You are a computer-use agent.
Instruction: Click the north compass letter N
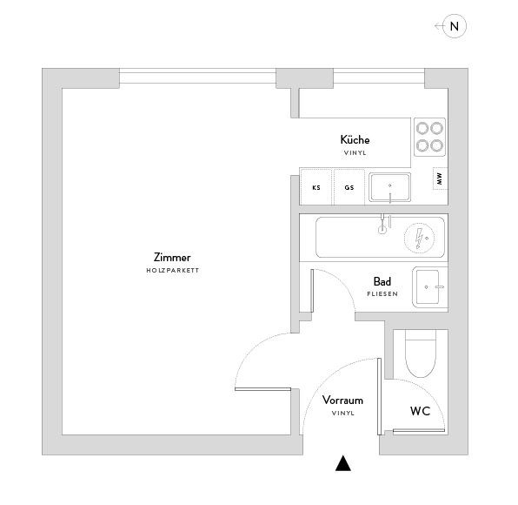tap(455, 26)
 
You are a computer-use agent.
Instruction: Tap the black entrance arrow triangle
tap(343, 463)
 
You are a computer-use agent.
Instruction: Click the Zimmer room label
tap(172, 258)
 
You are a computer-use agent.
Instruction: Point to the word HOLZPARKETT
tap(172, 271)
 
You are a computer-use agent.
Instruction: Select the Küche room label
tap(355, 139)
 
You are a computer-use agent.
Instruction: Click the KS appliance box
tap(315, 187)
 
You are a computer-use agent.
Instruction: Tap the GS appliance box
tap(349, 187)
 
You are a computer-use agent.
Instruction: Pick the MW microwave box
tap(440, 178)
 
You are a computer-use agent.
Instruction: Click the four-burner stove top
tap(430, 137)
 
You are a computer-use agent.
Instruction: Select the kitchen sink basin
tap(390, 187)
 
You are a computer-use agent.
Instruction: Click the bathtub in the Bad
tap(380, 238)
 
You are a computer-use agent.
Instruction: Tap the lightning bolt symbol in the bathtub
tap(419, 239)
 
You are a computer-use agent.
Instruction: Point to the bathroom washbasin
tap(428, 287)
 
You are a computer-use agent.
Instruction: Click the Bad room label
tap(382, 281)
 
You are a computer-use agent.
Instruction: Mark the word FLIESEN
tap(382, 294)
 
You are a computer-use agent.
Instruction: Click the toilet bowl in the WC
tap(421, 353)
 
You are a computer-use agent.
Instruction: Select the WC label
tap(420, 411)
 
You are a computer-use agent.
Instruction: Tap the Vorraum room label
tap(343, 401)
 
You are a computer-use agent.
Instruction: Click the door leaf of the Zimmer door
tap(263, 389)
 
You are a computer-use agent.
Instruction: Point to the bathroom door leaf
tap(312, 291)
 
